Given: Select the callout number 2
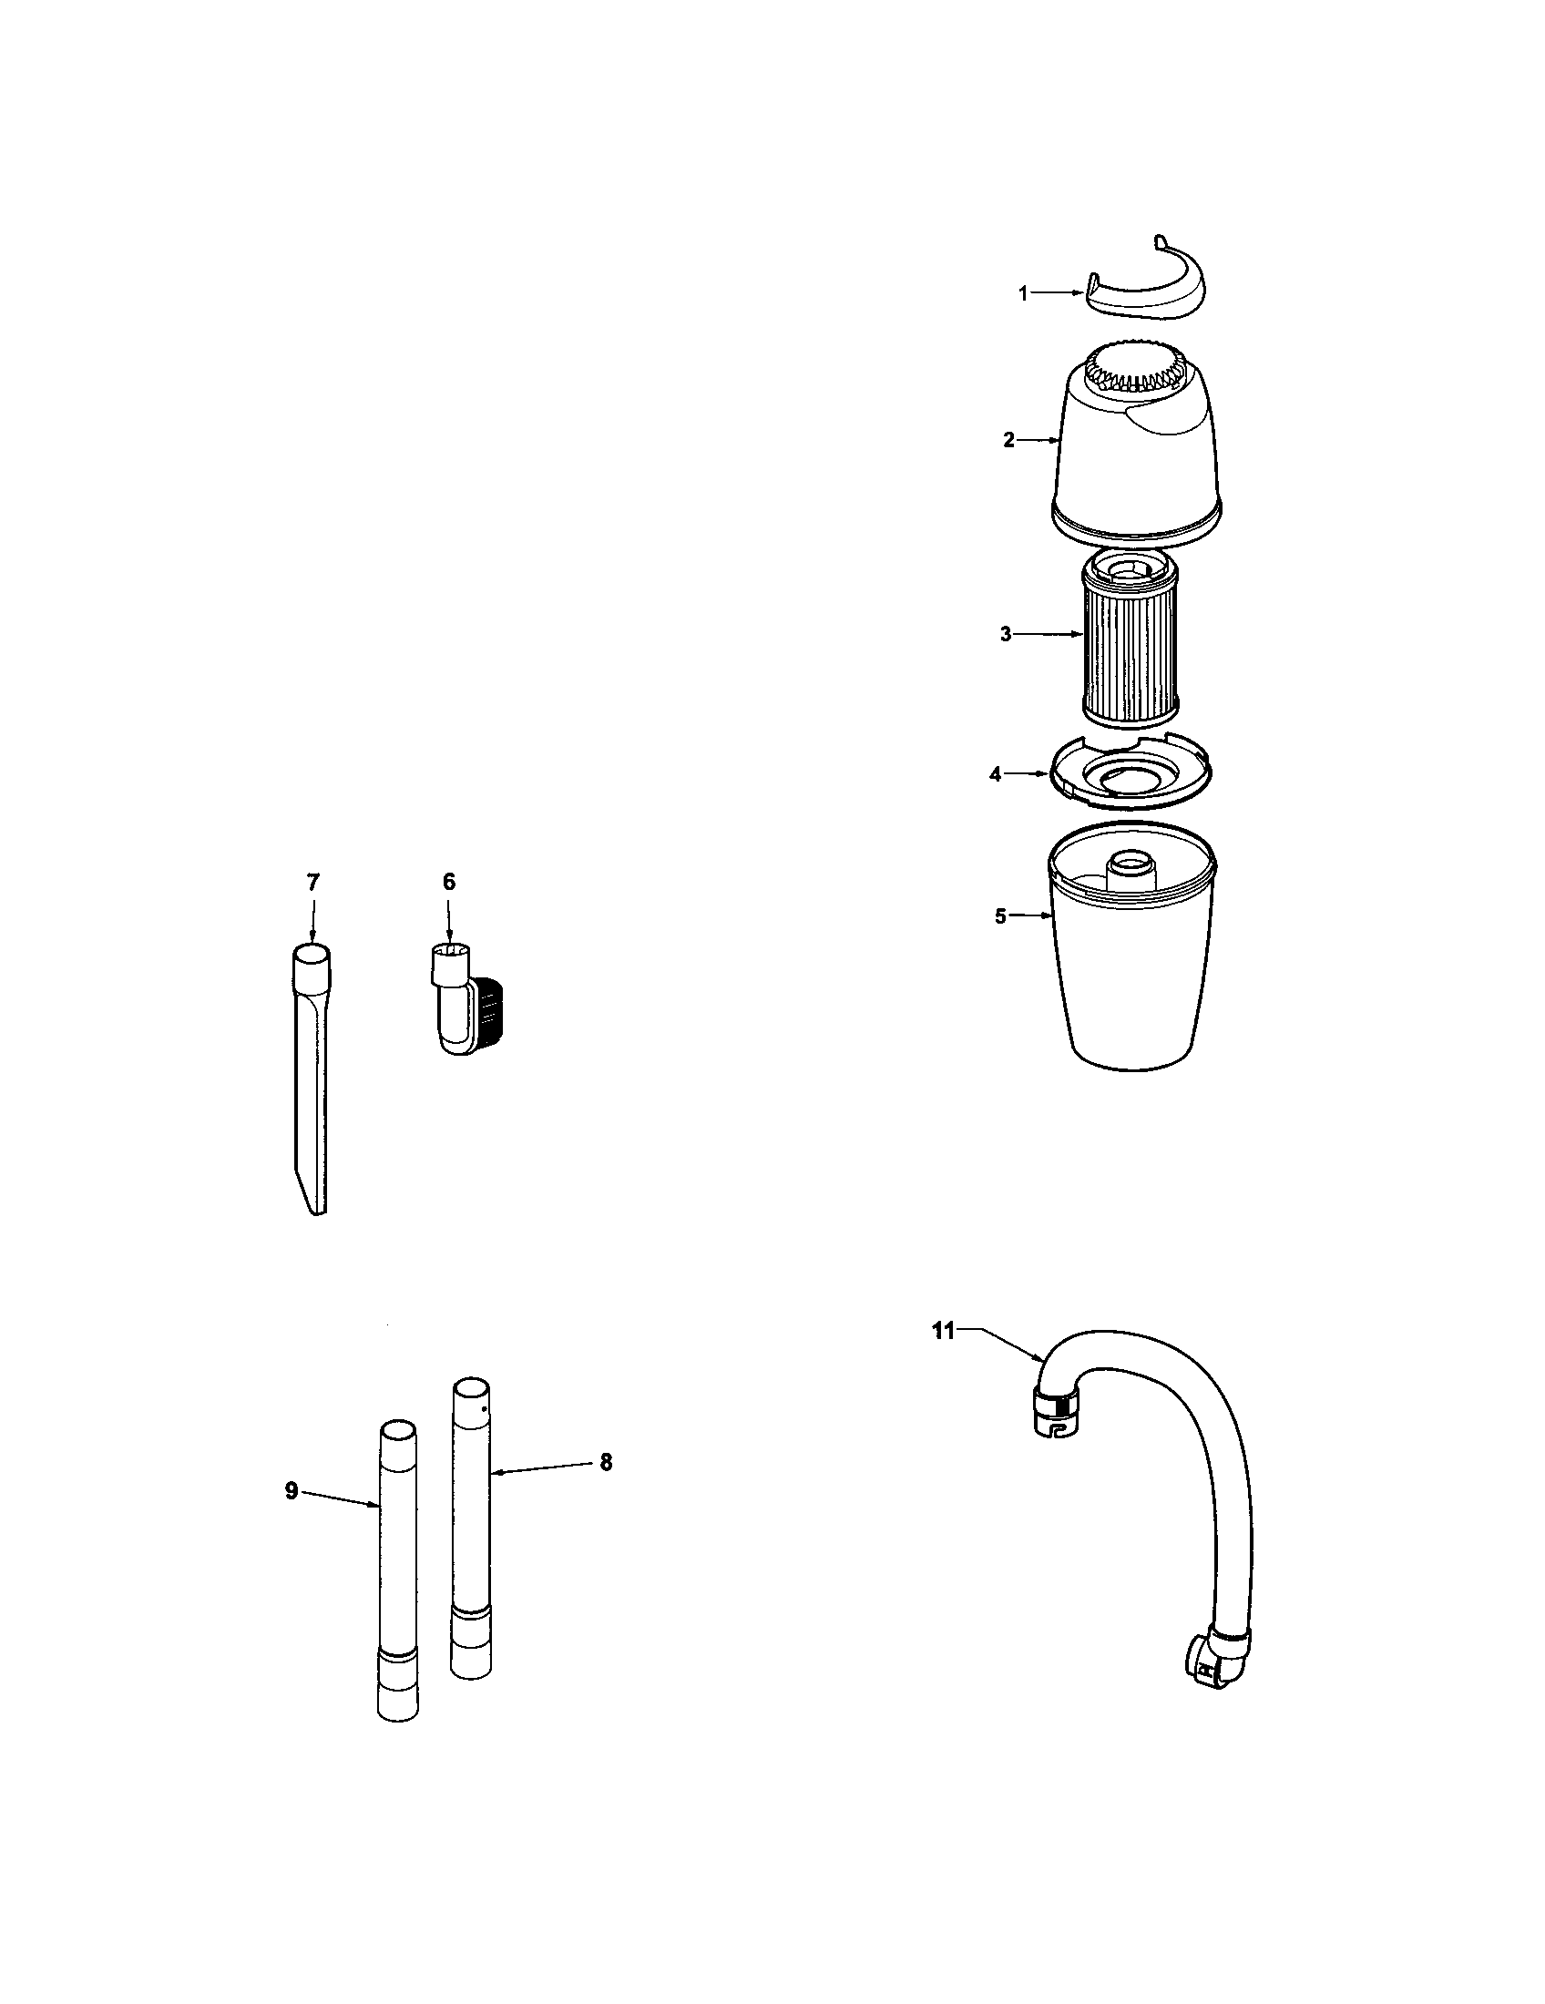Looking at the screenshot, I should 1008,441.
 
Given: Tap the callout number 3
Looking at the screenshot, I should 1006,634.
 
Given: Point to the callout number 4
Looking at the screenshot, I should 996,774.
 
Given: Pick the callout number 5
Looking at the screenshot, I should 1001,915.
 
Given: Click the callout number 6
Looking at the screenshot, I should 448,882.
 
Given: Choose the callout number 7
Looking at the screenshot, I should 312,883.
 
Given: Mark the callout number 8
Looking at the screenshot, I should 606,1462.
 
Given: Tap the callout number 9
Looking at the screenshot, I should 292,1491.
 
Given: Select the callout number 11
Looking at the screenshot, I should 944,1332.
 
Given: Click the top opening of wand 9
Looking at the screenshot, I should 397,1431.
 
